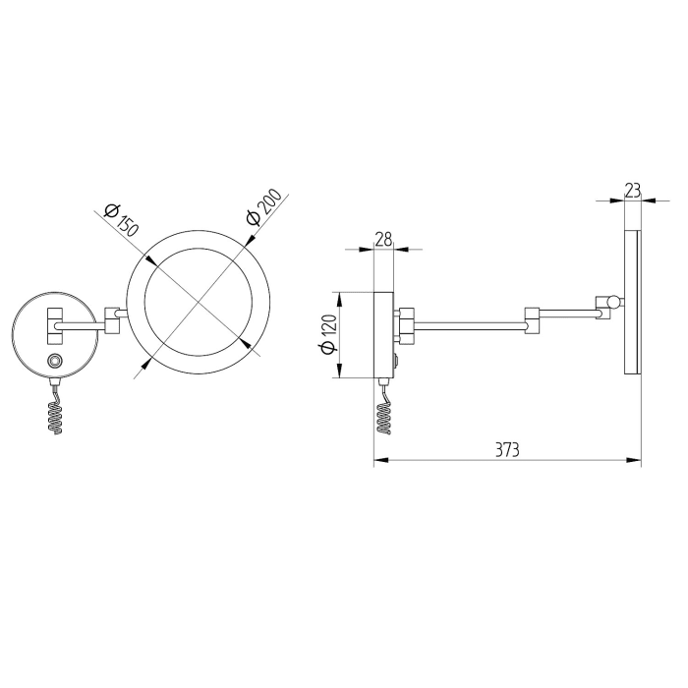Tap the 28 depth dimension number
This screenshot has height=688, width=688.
coord(383,239)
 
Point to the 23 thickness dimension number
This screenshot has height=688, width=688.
coord(633,189)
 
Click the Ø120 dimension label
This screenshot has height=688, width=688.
coord(328,334)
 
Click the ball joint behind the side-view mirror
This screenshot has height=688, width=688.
coord(613,302)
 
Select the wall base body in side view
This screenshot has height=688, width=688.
coord(383,335)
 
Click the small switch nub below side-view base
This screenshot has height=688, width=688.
coord(397,365)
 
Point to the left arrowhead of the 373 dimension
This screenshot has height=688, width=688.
coord(378,459)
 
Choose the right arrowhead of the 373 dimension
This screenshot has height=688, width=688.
coord(637,459)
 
